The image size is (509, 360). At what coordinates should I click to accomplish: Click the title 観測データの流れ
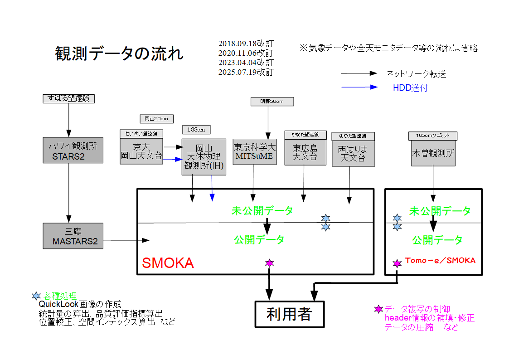[x=119, y=53]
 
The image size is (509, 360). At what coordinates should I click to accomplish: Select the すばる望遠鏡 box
[x=68, y=98]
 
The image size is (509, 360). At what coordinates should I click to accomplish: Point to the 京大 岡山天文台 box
[x=141, y=151]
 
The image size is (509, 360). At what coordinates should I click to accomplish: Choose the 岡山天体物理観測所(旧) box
[x=204, y=157]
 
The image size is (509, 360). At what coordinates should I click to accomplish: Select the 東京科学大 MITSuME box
[x=254, y=151]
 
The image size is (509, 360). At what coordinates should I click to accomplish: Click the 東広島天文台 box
[x=305, y=152]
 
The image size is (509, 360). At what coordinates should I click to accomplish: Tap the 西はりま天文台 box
[x=353, y=153]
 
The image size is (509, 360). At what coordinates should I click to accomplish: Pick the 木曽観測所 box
[x=433, y=153]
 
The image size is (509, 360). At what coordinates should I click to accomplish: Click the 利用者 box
[x=290, y=314]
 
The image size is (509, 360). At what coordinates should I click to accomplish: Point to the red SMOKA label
[x=168, y=263]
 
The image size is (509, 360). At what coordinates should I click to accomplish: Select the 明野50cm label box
[x=272, y=102]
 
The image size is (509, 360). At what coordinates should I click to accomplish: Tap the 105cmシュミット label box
[x=432, y=136]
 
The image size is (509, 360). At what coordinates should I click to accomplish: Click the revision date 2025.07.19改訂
[x=246, y=72]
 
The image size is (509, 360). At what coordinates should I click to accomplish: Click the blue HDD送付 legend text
[x=410, y=88]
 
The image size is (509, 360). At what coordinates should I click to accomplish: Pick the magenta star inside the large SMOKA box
[x=270, y=263]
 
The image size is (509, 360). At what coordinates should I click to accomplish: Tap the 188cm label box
[x=196, y=130]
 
